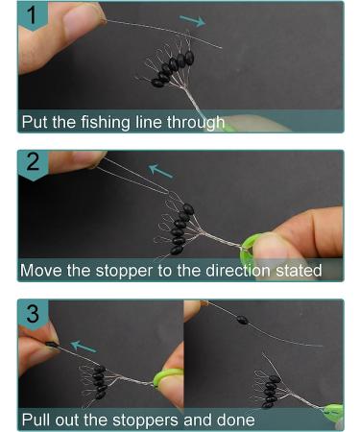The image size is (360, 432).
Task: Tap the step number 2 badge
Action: (x=34, y=165)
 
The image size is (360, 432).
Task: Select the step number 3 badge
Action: (x=34, y=315)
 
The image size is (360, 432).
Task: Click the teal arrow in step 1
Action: (x=192, y=21)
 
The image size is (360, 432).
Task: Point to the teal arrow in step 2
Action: (x=161, y=171)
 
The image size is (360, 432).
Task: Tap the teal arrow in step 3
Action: (x=84, y=347)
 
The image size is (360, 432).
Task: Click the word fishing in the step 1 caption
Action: (x=106, y=123)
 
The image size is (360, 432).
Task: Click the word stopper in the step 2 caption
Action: (x=124, y=272)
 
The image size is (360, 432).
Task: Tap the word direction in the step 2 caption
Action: (x=238, y=271)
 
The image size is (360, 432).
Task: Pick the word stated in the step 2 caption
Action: (x=299, y=271)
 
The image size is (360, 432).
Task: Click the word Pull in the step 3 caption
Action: (x=36, y=420)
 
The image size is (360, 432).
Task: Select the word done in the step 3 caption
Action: (x=236, y=420)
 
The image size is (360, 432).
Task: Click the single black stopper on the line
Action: (x=242, y=320)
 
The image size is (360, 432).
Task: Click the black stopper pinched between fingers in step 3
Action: (x=52, y=345)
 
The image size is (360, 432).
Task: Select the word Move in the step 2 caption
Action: (x=41, y=271)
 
